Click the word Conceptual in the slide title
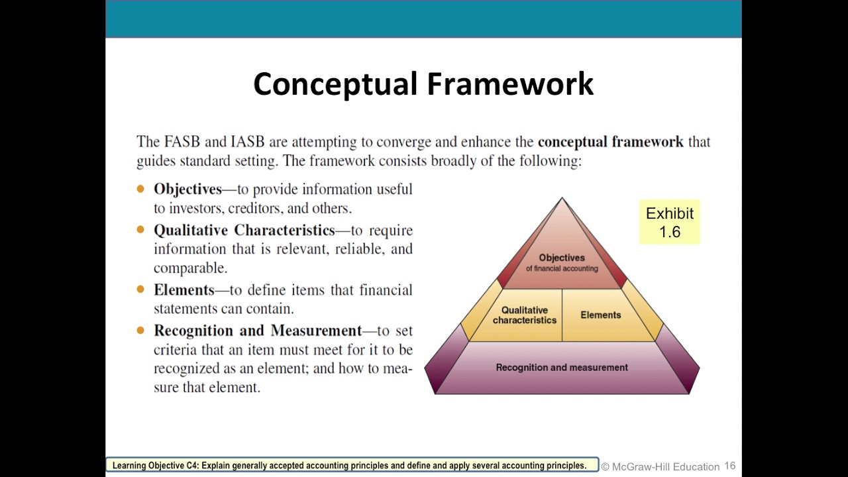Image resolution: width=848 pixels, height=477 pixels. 336,85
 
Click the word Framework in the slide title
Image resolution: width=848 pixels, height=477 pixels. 509,85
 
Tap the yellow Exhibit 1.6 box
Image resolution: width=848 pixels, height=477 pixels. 669,223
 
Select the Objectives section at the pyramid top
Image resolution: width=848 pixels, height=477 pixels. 562,262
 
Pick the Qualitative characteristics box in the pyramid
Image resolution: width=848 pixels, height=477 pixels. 525,315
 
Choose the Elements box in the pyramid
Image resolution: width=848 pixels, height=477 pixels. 600,315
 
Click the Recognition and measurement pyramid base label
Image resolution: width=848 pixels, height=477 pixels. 562,368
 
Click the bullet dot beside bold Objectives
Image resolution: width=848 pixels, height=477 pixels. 140,189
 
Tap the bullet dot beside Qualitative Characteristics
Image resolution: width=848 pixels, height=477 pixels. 140,230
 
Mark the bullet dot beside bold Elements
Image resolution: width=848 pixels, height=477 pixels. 140,290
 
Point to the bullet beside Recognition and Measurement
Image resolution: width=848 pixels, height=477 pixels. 140,330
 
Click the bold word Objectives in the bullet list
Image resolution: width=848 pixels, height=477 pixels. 187,189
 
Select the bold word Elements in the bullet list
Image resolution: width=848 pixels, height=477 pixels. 184,290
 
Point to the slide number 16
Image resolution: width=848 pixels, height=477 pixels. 729,466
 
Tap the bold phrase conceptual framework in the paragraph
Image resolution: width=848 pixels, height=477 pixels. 610,142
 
